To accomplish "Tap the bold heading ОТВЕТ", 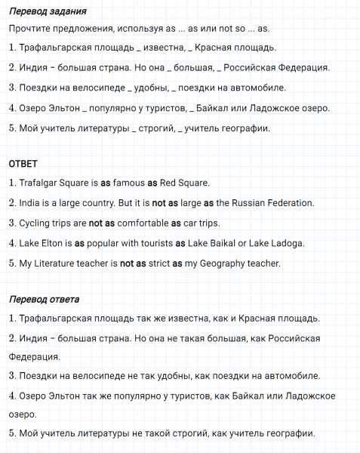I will tap(23, 164).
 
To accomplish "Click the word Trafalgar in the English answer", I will tap(38, 183).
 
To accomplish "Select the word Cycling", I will tap(34, 223).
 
